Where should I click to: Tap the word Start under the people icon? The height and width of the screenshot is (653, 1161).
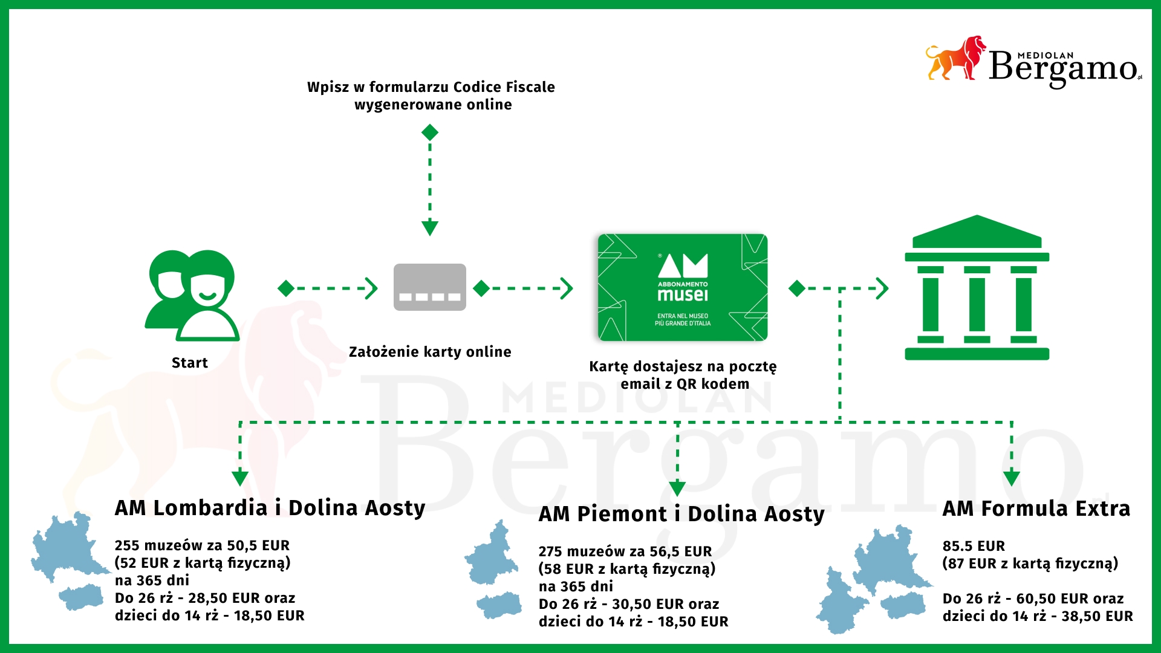pos(190,363)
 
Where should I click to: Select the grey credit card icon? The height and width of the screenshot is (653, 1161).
pos(430,287)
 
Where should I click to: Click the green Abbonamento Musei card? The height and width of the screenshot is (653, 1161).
pos(683,288)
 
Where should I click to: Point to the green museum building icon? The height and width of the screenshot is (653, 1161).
pos(977,288)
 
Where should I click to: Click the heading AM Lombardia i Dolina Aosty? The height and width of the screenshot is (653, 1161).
pos(270,508)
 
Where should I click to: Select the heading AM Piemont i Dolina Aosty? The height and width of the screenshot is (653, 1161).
pos(681,514)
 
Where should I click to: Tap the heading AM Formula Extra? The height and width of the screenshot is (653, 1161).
pos(1036,508)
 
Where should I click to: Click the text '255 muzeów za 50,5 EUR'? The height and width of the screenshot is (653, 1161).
pos(202,545)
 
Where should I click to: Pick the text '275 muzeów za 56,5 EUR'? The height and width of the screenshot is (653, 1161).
pos(625,551)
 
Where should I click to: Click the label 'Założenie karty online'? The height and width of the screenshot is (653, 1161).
pos(430,352)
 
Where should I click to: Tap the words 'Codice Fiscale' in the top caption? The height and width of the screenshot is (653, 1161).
pos(504,87)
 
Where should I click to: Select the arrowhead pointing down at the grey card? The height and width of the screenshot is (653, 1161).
pos(430,228)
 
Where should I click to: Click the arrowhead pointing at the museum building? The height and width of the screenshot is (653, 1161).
pos(883,288)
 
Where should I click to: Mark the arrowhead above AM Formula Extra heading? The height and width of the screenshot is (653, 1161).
pos(1012,478)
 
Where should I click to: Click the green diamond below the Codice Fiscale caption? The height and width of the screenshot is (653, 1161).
pos(430,132)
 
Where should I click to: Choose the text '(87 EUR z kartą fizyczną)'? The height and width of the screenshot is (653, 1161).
pos(1030,564)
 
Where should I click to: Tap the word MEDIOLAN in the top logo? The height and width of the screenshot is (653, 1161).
pos(1046,55)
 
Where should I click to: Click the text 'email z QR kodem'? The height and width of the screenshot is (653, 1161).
pos(685,384)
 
